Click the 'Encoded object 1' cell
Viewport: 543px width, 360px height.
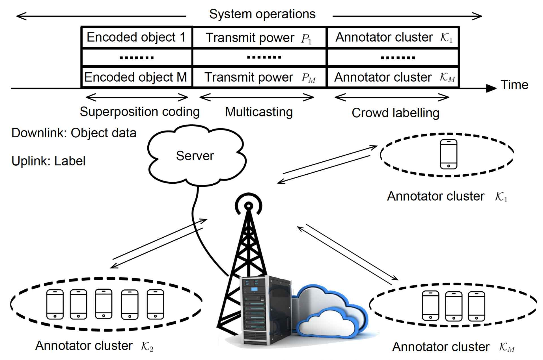(136, 37)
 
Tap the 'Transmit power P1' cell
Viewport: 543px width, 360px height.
(259, 38)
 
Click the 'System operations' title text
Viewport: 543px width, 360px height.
(262, 14)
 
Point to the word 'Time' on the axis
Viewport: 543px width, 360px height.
(514, 85)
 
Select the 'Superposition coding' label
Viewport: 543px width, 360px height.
(140, 112)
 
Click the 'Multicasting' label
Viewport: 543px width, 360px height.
(259, 112)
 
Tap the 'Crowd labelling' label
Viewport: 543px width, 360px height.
(395, 113)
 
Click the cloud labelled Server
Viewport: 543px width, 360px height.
(195, 156)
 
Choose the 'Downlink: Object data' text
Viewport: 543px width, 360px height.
(74, 133)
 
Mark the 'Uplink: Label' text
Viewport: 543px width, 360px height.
(48, 161)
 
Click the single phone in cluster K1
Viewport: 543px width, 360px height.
(449, 154)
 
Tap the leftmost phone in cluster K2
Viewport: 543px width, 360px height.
(55, 304)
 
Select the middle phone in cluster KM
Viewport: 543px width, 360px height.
(454, 306)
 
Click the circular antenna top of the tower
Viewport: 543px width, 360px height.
(249, 205)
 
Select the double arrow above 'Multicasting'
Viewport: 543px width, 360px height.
(257, 97)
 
